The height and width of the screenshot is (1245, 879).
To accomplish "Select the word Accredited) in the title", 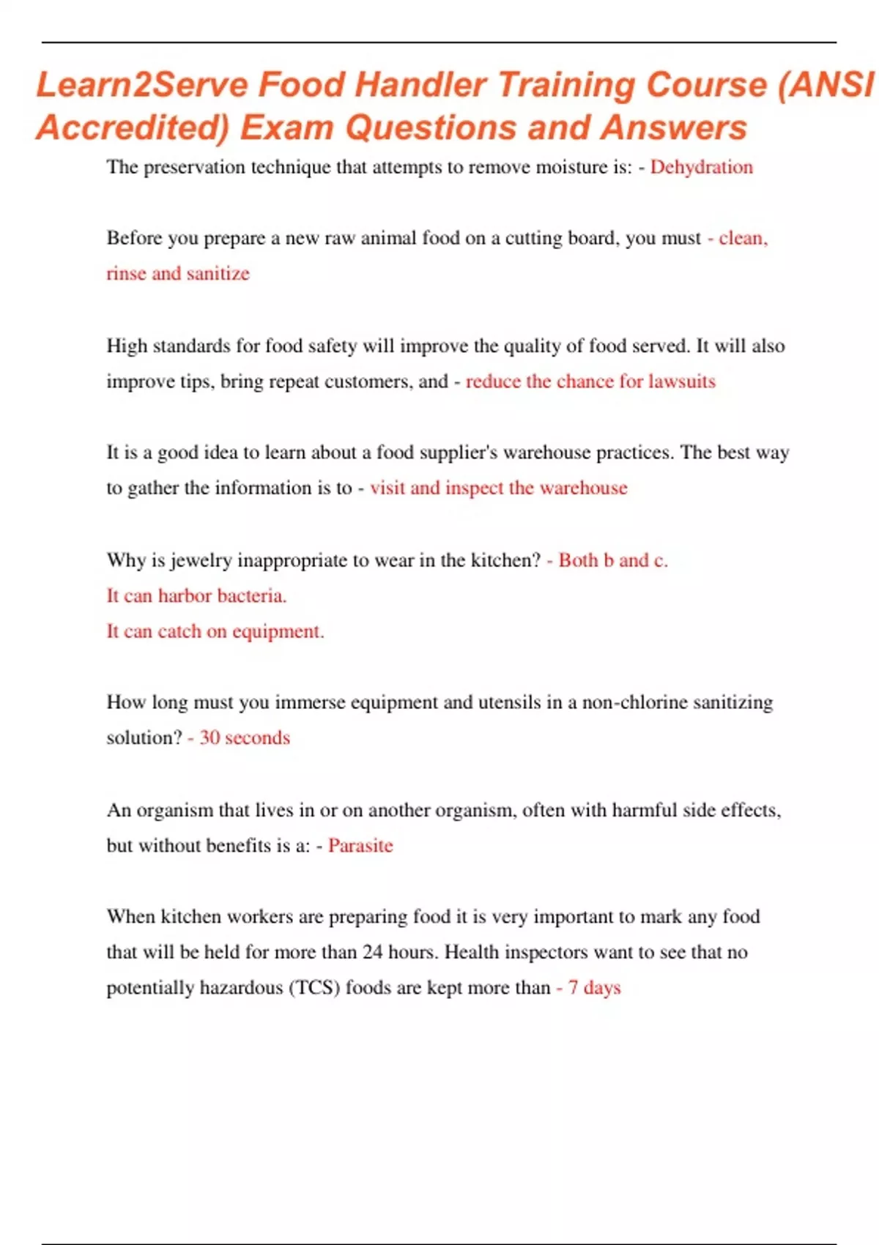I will (x=133, y=128).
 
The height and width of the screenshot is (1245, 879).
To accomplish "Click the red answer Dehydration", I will (x=701, y=167).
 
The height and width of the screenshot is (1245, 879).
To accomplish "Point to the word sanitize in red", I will (x=218, y=273).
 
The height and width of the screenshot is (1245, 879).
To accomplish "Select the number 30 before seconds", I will (x=209, y=737).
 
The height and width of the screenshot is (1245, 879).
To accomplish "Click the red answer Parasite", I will (x=360, y=845).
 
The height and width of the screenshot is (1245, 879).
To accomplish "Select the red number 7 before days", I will (x=573, y=988).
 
